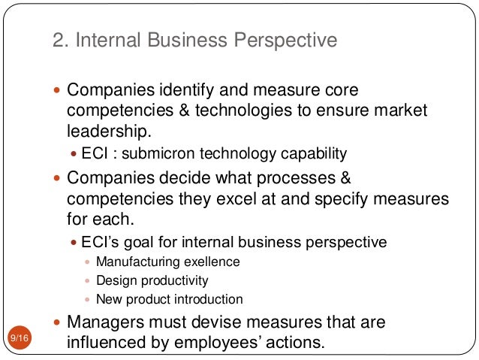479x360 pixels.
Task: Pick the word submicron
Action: pos(157,154)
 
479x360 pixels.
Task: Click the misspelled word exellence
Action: pos(206,262)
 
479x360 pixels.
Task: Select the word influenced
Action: pos(111,343)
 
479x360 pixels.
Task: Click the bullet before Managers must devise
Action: pos(59,322)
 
